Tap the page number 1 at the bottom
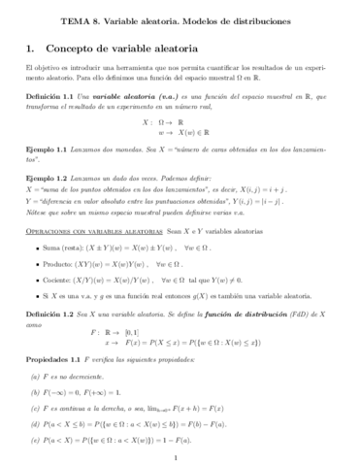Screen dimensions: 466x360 point(180,458)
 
